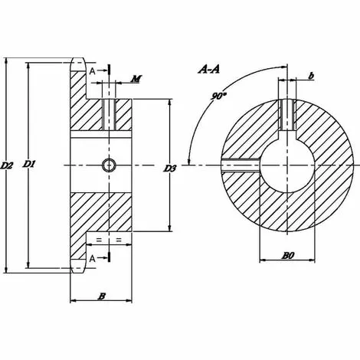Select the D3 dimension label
coord(170,168)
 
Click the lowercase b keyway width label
coord(310,75)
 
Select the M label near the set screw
coord(135,79)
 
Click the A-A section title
coord(209,70)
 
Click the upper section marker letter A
coord(93,71)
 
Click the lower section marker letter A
coord(93,259)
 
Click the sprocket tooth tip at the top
coord(78,61)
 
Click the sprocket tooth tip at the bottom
coord(78,267)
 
